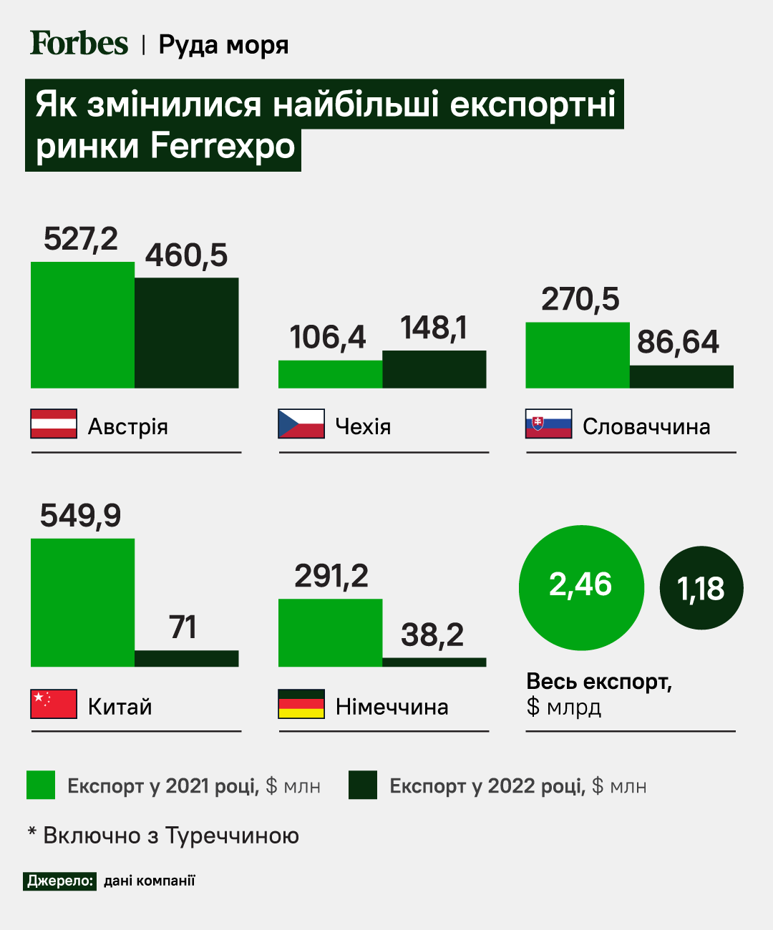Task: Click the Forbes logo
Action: [79, 44]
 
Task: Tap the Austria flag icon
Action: [54, 424]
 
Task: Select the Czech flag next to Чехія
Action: [301, 424]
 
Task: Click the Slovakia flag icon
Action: [549, 424]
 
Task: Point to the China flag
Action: [54, 704]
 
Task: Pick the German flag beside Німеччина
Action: [301, 704]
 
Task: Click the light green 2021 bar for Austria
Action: [82, 325]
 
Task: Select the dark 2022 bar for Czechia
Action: [434, 369]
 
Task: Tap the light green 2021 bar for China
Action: [82, 602]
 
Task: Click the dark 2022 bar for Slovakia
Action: [681, 377]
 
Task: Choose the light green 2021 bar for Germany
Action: [330, 632]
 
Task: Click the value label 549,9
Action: [80, 516]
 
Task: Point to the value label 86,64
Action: [678, 342]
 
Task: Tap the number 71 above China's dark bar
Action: [183, 627]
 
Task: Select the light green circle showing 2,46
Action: [581, 587]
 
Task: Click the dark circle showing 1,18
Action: [701, 588]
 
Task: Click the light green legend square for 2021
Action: [41, 785]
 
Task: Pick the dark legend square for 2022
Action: [363, 785]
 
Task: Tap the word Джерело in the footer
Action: [60, 881]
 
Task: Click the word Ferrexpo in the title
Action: [223, 147]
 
